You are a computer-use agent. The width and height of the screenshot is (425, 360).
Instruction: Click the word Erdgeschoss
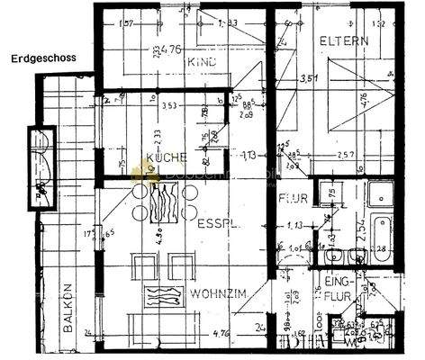click(x=42, y=60)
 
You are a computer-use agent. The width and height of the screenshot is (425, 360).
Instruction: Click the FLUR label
click(x=294, y=199)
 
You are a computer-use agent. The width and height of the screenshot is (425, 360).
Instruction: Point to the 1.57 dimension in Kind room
click(x=127, y=22)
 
